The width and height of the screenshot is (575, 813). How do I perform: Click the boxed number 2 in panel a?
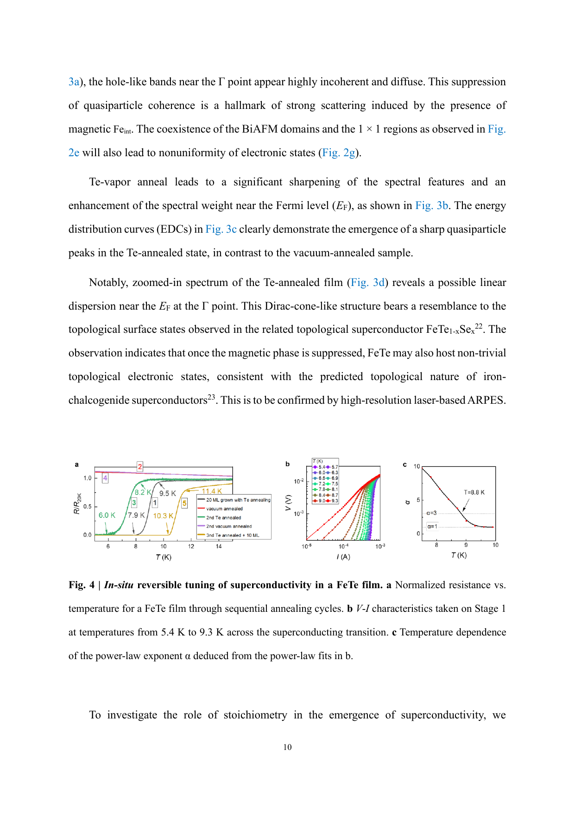139,466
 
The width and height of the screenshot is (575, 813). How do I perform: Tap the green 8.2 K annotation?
143,492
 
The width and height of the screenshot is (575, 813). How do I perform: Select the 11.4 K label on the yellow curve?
211,491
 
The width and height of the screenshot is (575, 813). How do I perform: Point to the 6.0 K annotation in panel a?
107,515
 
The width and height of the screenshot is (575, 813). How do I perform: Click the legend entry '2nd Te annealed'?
223,517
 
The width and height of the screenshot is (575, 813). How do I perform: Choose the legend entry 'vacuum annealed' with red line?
224,508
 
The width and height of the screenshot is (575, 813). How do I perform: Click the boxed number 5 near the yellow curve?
184,503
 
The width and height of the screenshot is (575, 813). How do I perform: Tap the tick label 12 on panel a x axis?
191,546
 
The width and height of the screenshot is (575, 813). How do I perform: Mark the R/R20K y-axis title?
77,503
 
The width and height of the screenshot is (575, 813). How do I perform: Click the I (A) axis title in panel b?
343,557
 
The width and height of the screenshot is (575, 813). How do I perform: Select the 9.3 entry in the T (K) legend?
335,501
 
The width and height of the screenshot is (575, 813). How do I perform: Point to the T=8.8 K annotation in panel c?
474,492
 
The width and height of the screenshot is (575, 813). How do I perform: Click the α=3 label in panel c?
431,513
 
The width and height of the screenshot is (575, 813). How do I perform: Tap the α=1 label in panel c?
432,526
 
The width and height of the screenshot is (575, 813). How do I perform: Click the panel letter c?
404,464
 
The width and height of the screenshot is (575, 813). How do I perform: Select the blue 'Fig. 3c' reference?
221,229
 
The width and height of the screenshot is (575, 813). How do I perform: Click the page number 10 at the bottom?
287,747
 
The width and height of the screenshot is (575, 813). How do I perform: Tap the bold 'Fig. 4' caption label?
82,585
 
